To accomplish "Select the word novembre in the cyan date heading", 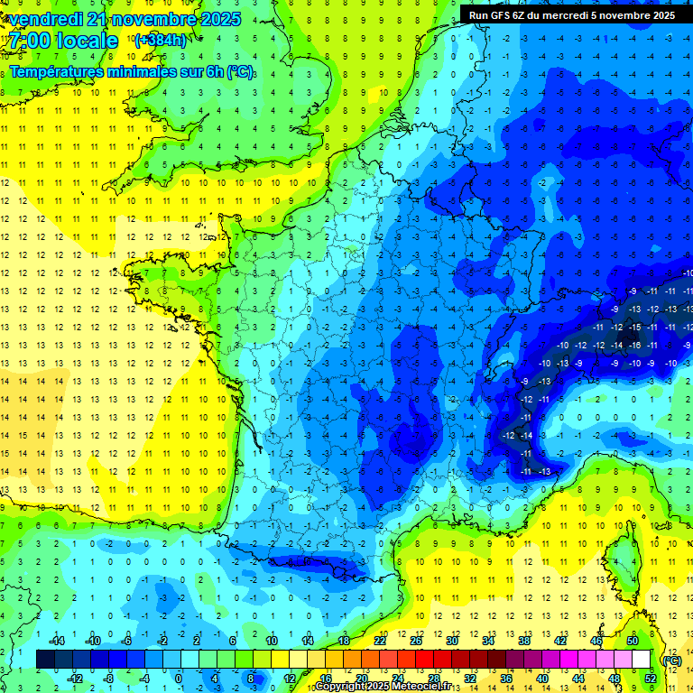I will pos(168,19).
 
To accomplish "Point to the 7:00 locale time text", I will pos(64,41).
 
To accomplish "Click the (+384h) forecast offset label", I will pos(160,40).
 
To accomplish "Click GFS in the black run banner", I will pos(499,15).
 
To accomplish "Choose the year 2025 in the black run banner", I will pos(661,15).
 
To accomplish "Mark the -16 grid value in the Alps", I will pos(635,345).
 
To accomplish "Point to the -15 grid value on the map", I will pos(635,327).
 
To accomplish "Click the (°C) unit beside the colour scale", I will pos(671,660).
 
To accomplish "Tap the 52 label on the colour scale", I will pos(650,678).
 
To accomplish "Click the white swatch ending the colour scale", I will pos(642,659).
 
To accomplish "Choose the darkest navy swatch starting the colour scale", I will pos(45,659).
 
